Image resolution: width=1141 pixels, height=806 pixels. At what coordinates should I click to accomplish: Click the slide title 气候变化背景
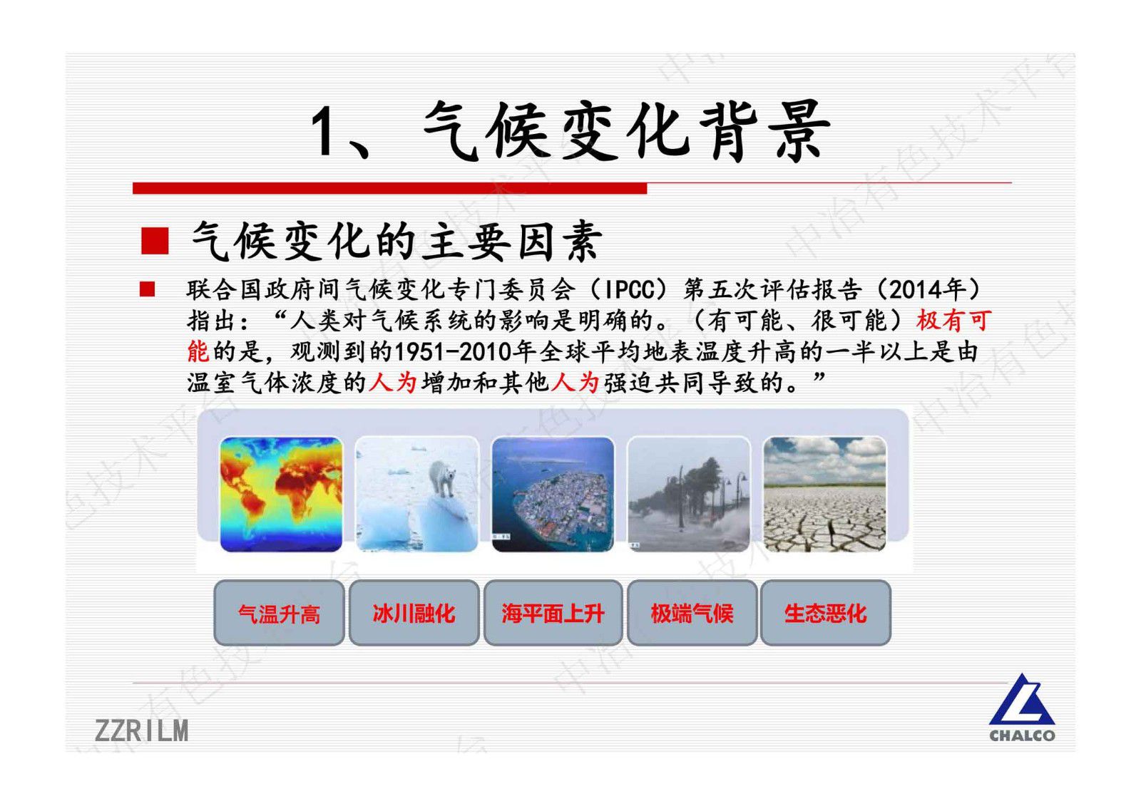pos(570,132)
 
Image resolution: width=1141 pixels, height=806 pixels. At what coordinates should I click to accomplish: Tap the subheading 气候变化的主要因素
pos(396,242)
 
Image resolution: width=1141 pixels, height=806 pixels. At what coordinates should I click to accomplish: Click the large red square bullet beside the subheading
pos(155,241)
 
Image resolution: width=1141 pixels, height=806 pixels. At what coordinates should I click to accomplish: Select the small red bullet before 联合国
pos(148,289)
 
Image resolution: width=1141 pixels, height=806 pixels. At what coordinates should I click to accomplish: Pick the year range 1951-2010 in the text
pos(464,351)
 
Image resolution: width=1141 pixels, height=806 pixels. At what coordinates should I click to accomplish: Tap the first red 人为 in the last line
pos(393,383)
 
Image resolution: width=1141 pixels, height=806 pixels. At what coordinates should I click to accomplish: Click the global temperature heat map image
pos(281,494)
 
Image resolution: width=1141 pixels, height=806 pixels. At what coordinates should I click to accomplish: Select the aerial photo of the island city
pos(553,494)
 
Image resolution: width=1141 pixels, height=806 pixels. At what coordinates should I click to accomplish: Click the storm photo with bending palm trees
pos(689,494)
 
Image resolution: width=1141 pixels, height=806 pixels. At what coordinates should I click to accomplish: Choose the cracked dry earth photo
pos(824,494)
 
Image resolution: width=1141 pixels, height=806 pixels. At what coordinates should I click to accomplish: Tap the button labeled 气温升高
pos(279,613)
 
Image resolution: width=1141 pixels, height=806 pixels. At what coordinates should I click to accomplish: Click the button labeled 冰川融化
pos(414,613)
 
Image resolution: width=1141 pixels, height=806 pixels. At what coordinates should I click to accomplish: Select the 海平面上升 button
pos(553,613)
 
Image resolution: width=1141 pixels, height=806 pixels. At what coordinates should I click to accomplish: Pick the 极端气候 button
pos(692,613)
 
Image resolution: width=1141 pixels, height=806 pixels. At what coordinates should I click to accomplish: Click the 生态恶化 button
pos(825,613)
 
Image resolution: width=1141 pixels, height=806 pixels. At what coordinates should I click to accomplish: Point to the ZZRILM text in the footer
pos(142,730)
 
